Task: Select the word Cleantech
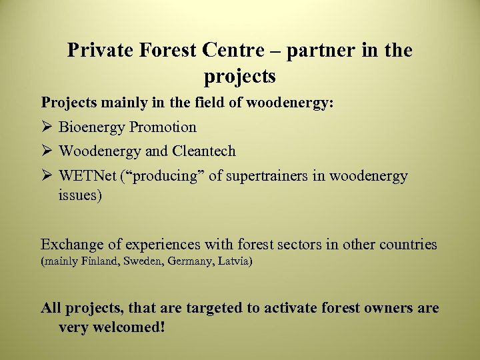click(204, 151)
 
